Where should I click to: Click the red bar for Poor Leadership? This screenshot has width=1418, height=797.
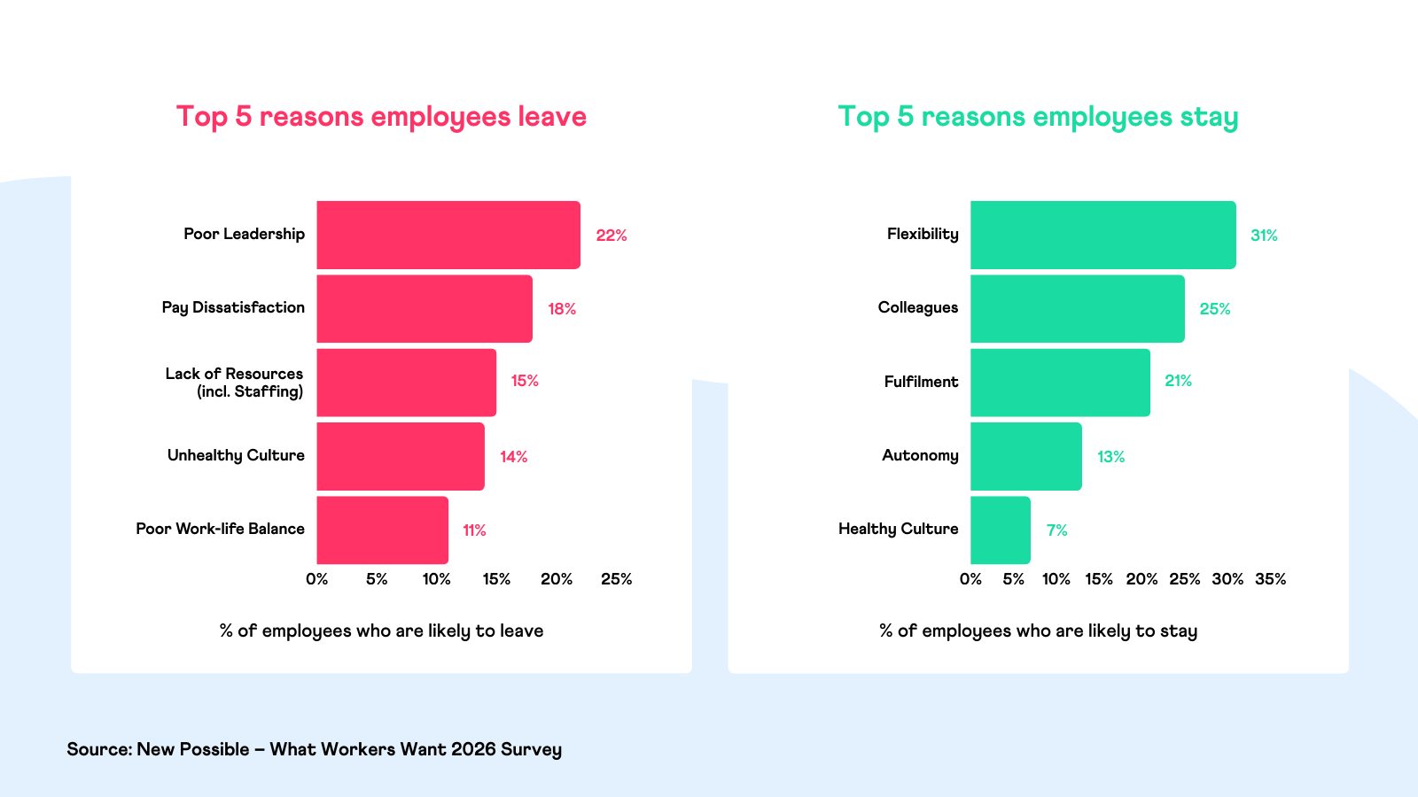(x=448, y=235)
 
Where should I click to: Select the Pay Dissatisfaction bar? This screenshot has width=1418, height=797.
(x=425, y=308)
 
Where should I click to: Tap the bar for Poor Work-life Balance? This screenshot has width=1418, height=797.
(x=382, y=530)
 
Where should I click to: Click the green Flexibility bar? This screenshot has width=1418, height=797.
(x=1102, y=235)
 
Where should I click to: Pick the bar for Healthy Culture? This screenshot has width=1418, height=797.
(x=1000, y=530)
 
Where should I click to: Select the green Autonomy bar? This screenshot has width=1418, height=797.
(x=1025, y=456)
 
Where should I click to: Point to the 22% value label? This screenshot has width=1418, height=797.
(x=612, y=236)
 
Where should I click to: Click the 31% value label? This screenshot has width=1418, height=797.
(x=1264, y=236)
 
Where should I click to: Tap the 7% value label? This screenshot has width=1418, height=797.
(x=1056, y=530)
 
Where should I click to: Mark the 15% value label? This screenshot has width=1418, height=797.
(x=525, y=381)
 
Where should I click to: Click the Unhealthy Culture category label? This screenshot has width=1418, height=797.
(x=236, y=455)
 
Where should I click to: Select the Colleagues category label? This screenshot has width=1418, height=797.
(x=918, y=307)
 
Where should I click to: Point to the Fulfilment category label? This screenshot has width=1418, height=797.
(x=921, y=382)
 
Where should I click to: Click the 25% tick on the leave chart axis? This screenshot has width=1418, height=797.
(x=616, y=579)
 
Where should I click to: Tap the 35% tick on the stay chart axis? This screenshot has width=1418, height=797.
(x=1270, y=579)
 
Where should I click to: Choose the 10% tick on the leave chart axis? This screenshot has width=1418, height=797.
(x=436, y=579)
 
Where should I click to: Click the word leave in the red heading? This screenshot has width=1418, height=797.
(x=552, y=117)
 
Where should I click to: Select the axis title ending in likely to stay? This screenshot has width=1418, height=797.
(x=1038, y=631)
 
